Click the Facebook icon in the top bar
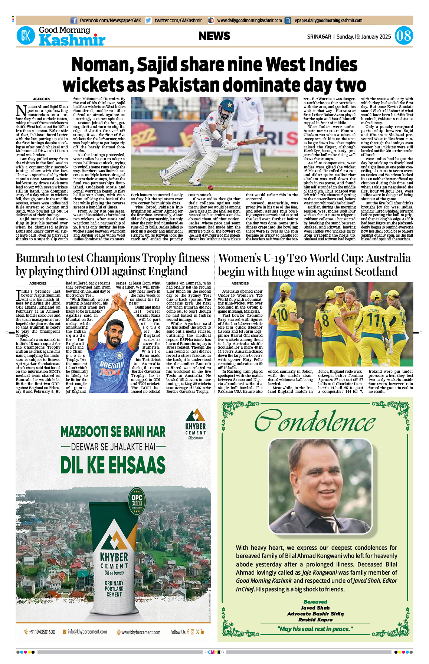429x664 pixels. pos(74,21)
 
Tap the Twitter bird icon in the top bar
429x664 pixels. pos(148,21)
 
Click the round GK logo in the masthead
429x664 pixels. pos(26,36)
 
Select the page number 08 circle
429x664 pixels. pos(403,36)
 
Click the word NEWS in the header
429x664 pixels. pos(214,36)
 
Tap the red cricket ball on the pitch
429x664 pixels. pos(211,188)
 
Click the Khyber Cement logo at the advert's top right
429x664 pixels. pos(196,424)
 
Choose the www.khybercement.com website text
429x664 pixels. pos(141,632)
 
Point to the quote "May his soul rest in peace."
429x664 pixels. pos(315,629)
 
